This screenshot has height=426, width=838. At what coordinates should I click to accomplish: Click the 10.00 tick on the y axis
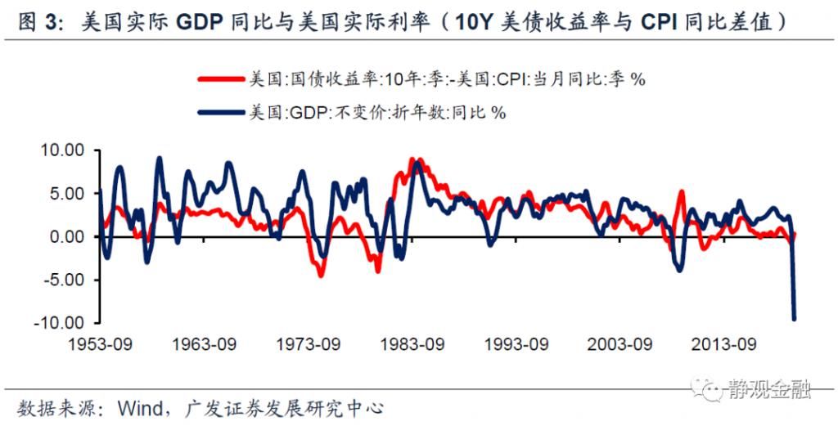pos(62,151)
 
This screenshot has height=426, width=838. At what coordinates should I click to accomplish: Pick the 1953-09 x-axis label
pos(101,343)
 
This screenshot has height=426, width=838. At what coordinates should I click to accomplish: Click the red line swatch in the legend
pos(221,79)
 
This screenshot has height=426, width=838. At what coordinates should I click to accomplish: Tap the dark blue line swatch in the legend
pos(221,112)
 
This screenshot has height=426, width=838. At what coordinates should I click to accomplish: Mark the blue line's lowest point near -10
pos(794,319)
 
